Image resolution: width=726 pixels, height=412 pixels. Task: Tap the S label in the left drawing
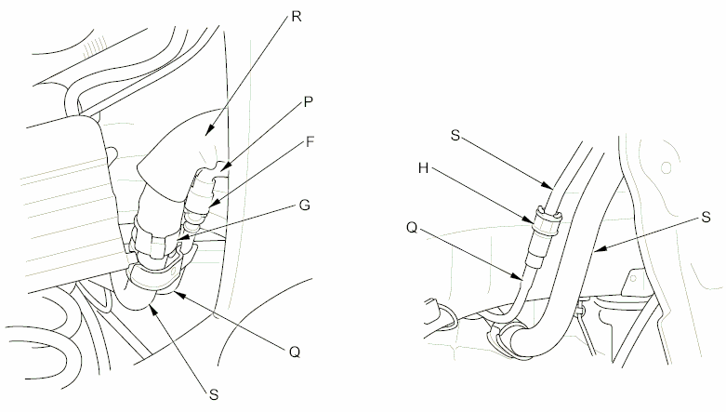[x=215, y=395]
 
